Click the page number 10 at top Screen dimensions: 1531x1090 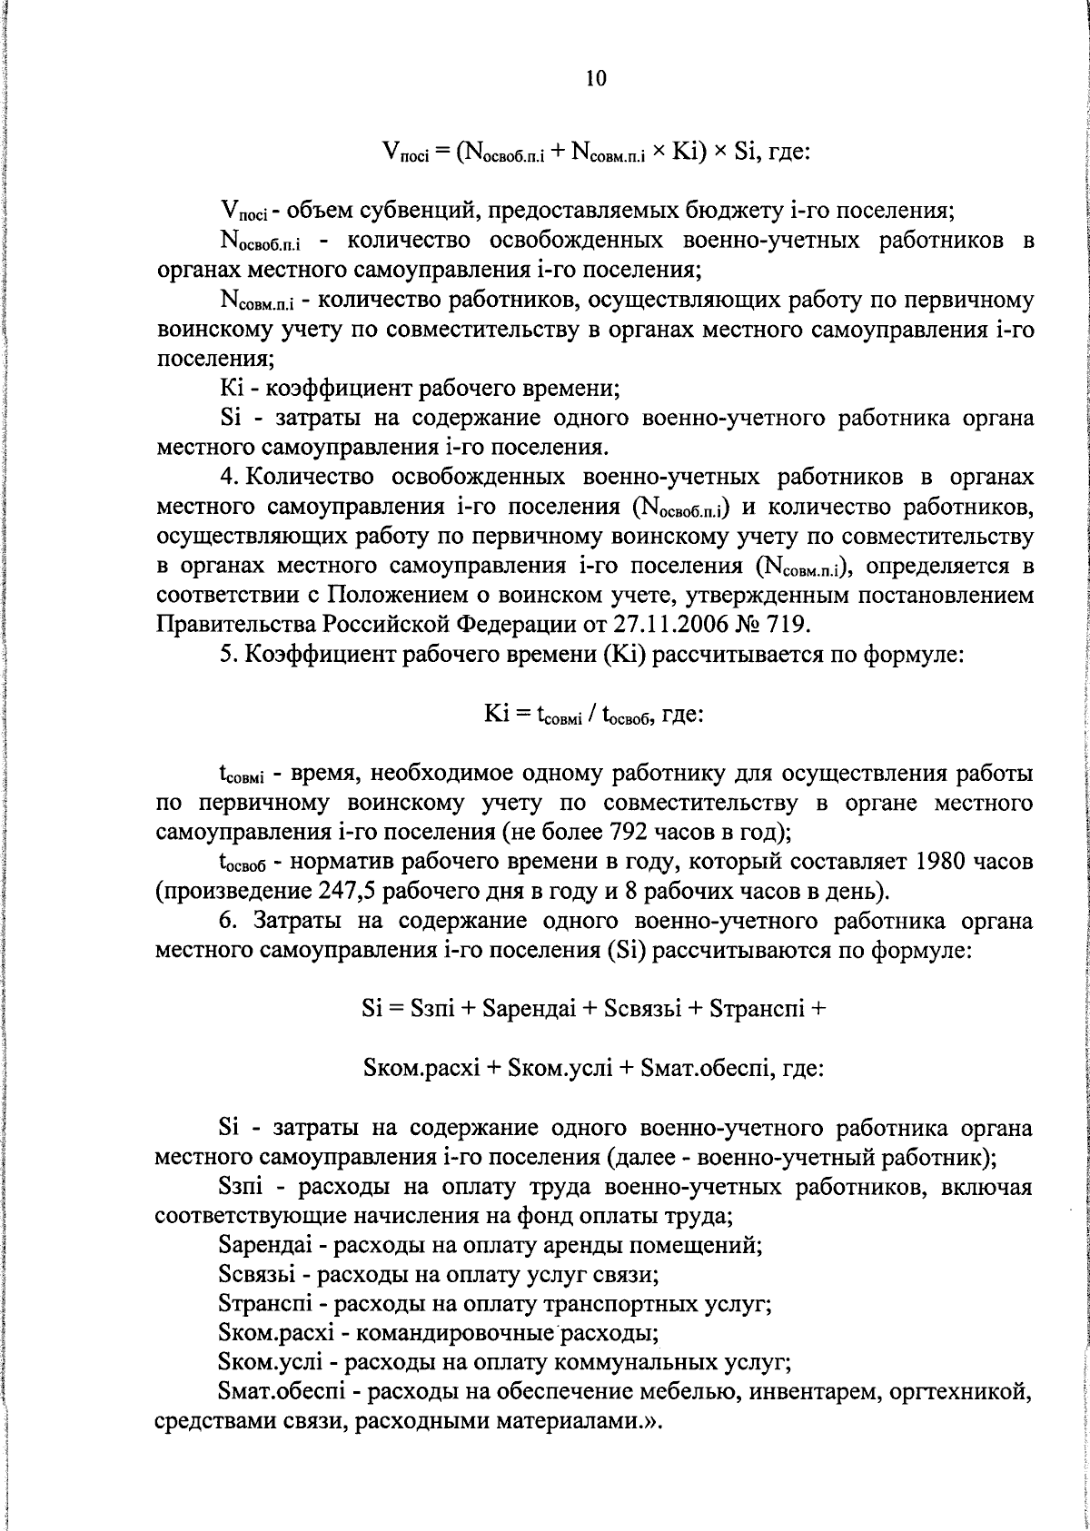coord(595,78)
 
